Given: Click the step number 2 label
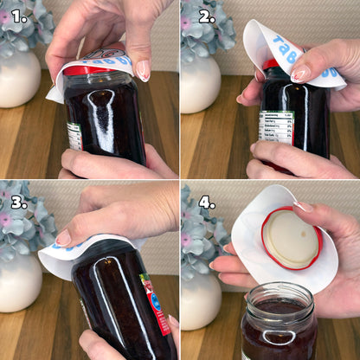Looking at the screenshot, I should point(207,16).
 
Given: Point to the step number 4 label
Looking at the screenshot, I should point(207,202).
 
